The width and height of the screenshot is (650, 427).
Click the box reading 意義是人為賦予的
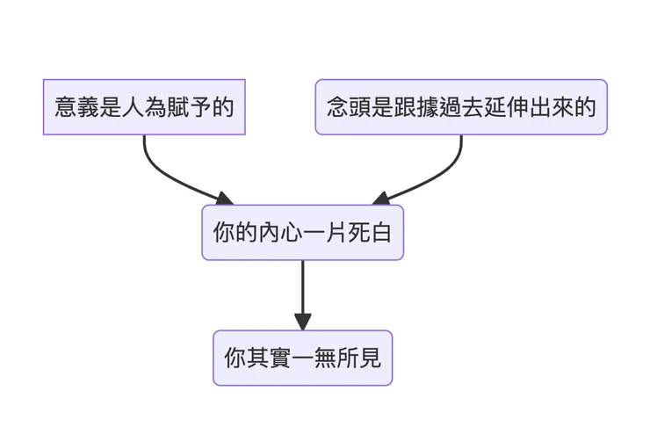(x=144, y=107)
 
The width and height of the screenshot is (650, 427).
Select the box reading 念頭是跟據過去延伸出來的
(x=460, y=107)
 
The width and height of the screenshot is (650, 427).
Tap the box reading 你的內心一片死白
(x=302, y=232)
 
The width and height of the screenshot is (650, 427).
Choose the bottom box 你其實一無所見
(x=302, y=358)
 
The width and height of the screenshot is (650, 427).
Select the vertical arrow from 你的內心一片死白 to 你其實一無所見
(x=302, y=286)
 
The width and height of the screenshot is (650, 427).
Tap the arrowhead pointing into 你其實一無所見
(x=302, y=321)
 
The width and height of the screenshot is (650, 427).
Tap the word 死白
(x=372, y=232)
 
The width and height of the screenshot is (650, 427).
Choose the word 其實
(x=263, y=358)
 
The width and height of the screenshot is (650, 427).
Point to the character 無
(x=322, y=358)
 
